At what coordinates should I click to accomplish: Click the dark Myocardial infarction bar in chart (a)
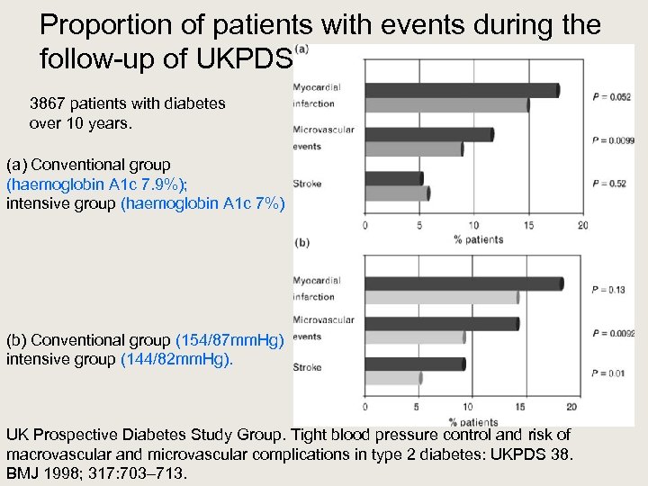[x=462, y=90]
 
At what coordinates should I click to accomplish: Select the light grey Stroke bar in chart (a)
[x=397, y=193]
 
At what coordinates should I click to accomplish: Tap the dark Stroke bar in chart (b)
[x=415, y=364]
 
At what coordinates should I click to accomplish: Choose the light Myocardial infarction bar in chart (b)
[x=441, y=297]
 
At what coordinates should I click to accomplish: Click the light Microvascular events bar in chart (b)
[x=415, y=337]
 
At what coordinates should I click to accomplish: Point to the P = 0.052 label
[x=612, y=97]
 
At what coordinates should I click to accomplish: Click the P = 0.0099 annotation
[x=614, y=140]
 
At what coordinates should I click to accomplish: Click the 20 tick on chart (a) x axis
[x=583, y=225]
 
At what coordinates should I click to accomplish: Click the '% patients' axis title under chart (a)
[x=478, y=239]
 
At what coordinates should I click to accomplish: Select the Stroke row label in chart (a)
[x=307, y=184]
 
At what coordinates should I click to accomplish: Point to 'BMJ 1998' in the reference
[x=39, y=472]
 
